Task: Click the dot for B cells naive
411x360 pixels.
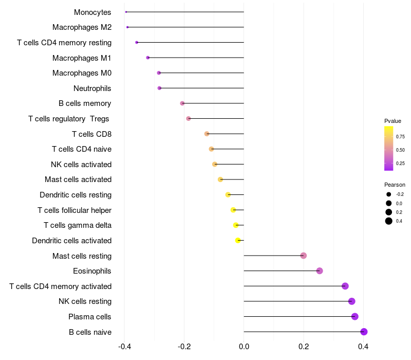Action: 364,332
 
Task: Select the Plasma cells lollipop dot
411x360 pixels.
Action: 355,317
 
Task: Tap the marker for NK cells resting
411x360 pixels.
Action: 352,301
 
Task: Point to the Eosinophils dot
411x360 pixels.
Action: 320,271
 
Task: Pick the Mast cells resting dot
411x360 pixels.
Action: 304,256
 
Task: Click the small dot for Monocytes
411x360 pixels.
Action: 126,12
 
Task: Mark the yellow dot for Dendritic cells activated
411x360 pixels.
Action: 238,240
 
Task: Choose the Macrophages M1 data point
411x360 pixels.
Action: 148,58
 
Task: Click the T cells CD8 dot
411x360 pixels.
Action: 207,134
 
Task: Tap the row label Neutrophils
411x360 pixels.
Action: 92,88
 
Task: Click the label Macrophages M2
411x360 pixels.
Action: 82,27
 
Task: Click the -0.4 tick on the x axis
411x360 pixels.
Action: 124,347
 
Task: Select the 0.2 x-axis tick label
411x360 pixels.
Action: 304,347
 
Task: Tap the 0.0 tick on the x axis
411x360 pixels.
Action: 244,347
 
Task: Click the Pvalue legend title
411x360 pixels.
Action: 393,121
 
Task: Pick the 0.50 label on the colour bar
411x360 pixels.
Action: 400,150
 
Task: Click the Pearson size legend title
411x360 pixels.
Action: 395,185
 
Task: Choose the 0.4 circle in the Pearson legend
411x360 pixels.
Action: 389,221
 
